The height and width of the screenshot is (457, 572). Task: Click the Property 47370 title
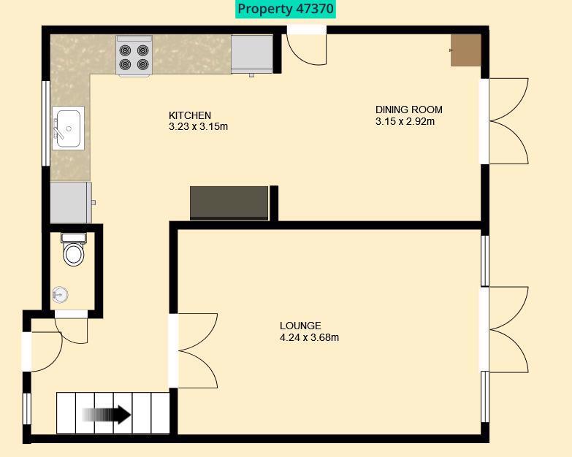(286, 9)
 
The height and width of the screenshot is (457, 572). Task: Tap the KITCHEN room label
(190, 115)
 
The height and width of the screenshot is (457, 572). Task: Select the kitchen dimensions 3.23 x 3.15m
(198, 126)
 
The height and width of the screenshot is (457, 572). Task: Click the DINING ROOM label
(408, 110)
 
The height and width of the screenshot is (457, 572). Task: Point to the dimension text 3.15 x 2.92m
(405, 121)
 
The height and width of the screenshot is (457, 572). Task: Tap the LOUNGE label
(300, 326)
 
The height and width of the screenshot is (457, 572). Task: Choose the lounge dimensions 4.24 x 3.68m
(309, 337)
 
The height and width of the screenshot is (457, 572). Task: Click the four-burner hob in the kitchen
(134, 56)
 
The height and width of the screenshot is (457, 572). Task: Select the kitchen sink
(68, 128)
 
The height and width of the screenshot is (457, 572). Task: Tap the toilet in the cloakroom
(73, 250)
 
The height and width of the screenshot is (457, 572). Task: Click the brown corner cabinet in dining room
(466, 50)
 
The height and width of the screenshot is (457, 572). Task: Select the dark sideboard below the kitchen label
(229, 202)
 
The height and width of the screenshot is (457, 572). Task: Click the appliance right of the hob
(251, 53)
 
